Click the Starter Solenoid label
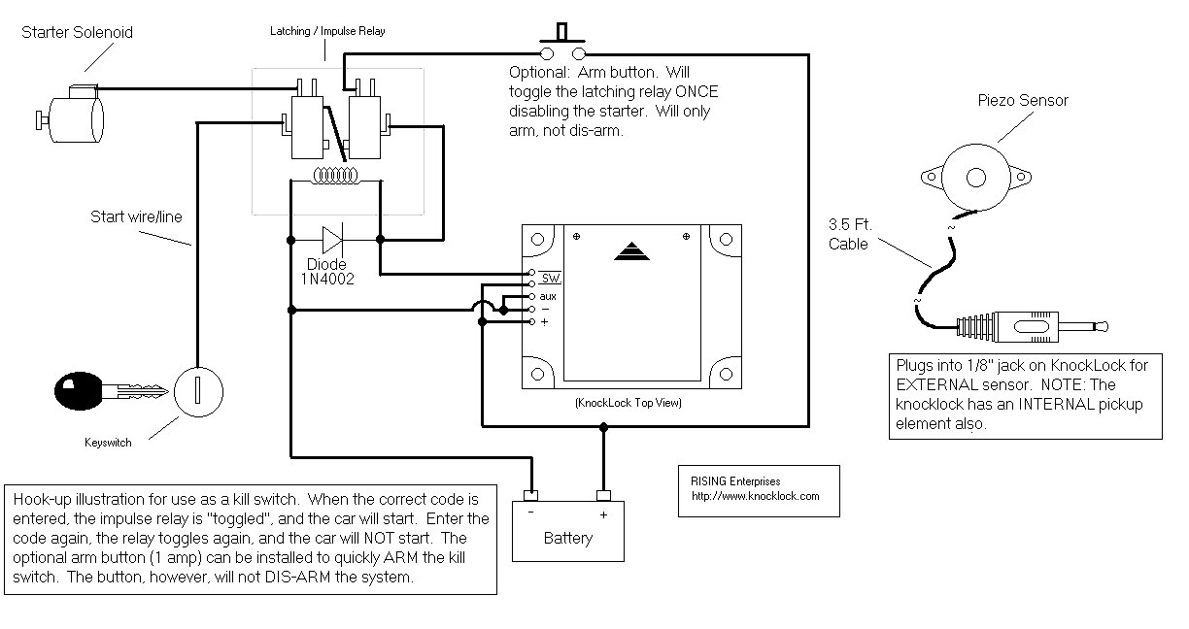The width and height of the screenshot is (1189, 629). point(77,32)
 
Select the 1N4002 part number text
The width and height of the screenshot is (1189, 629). point(327,279)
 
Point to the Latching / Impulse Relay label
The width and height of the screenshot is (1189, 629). point(327,31)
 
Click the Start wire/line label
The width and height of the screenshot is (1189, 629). point(137,216)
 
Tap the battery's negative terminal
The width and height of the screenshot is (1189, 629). point(530,497)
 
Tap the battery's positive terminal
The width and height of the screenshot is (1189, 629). point(603,497)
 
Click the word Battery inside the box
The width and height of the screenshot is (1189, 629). point(568,538)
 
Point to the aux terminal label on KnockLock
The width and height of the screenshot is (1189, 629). point(547,295)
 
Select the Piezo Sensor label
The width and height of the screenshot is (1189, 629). point(1023,101)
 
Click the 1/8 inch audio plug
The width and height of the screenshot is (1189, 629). point(1031,328)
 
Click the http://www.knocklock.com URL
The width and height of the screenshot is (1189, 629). point(755,496)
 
